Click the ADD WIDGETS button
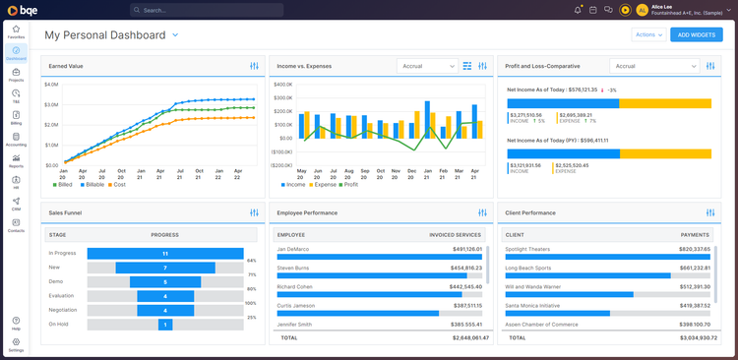697,34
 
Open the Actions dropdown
646,34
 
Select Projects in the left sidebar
16,75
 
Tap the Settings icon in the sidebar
16,344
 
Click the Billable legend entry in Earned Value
92,184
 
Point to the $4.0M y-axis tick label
51,85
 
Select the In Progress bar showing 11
165,253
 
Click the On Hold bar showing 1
165,325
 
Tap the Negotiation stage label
64,310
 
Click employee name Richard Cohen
296,286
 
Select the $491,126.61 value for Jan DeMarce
461,249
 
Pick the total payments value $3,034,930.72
685,337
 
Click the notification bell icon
578,10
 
